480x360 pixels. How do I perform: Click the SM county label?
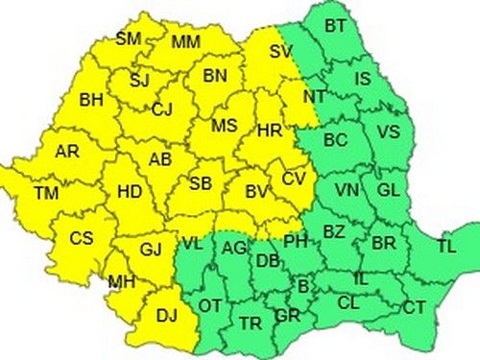pos(127,39)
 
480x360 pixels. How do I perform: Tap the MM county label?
pos(186,43)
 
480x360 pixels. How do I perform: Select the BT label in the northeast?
pos(335,25)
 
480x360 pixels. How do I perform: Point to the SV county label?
pos(281,53)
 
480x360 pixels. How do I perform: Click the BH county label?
pos(91,99)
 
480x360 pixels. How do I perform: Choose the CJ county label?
pos(162,109)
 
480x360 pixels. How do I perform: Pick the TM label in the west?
pos(46,193)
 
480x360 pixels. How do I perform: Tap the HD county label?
pos(129,192)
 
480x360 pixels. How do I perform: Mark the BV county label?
pos(256,193)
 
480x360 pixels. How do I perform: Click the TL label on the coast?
pos(446,247)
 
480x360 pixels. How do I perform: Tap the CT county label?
pos(414,308)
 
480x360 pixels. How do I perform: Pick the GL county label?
pos(388,190)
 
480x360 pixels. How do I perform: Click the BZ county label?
pos(333,231)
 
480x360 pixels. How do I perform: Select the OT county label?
pos(209,306)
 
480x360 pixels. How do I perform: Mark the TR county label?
pos(251,324)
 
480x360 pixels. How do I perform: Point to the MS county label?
pos(224,126)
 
